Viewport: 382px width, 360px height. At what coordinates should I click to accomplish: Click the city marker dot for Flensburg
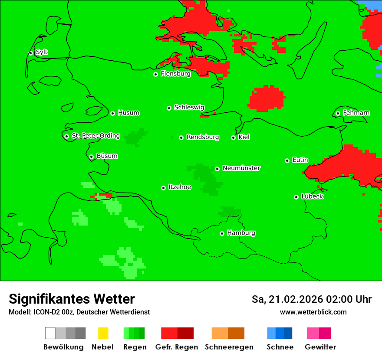click(x=155, y=74)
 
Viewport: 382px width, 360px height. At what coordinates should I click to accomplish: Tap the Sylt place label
click(x=42, y=52)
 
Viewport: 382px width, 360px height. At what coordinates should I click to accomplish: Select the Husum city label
click(x=128, y=113)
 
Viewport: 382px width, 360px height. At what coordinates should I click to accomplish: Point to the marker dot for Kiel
click(x=233, y=137)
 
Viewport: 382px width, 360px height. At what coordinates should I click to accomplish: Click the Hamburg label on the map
click(x=241, y=233)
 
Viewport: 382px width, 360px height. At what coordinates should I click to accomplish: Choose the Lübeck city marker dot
click(x=296, y=197)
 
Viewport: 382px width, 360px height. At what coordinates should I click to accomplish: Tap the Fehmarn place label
click(x=356, y=113)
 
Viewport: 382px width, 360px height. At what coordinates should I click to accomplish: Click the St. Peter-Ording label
click(x=95, y=136)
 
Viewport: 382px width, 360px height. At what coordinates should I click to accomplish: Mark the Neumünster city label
click(x=241, y=168)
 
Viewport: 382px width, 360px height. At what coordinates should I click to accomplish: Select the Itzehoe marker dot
click(x=163, y=188)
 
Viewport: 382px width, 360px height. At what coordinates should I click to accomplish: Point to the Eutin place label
click(x=300, y=160)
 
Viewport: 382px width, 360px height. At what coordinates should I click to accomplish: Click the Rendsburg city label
click(x=203, y=137)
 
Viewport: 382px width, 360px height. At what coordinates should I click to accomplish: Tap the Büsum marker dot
click(x=91, y=157)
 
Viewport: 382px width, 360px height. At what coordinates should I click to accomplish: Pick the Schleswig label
click(x=189, y=107)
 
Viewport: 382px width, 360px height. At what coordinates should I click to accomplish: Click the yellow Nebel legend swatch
click(x=103, y=333)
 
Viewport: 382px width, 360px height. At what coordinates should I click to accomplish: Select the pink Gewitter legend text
click(x=320, y=347)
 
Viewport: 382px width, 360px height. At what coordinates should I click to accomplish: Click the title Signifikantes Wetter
click(x=72, y=299)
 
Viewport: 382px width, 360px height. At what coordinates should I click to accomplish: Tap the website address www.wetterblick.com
click(x=313, y=312)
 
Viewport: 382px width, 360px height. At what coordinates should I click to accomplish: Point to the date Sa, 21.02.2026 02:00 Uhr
click(x=311, y=299)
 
